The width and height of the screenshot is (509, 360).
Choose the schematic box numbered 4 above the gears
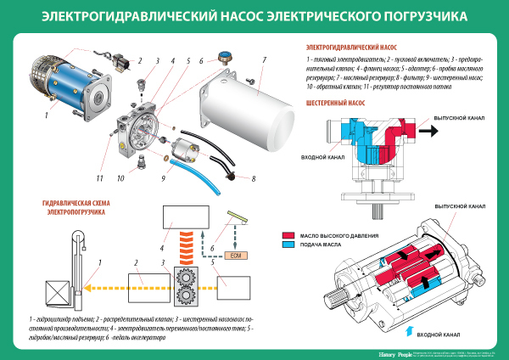click(x=174, y=220)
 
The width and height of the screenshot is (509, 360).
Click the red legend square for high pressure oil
click(x=288, y=235)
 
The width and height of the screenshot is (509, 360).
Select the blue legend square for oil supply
click(x=288, y=245)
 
